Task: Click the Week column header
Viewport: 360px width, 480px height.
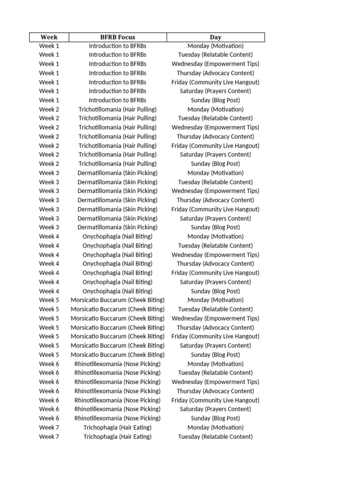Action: click(x=49, y=37)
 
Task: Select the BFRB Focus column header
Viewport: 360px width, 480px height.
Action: click(x=118, y=37)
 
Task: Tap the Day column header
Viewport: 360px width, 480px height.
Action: click(x=216, y=37)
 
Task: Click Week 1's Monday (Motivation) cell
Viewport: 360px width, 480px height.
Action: click(x=216, y=46)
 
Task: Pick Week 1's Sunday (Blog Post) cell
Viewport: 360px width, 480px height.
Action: click(x=216, y=100)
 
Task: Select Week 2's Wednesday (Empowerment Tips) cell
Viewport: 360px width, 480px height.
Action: click(x=216, y=127)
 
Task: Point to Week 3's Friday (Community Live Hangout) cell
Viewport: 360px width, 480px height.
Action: click(x=216, y=209)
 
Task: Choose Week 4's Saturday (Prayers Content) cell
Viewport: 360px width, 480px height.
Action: click(x=216, y=282)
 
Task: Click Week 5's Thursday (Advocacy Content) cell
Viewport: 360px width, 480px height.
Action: click(x=216, y=327)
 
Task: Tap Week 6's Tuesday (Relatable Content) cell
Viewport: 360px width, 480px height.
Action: click(x=216, y=373)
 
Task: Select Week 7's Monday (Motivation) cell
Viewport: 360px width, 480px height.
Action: click(x=216, y=427)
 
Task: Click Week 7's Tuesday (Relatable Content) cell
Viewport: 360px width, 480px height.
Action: click(x=216, y=436)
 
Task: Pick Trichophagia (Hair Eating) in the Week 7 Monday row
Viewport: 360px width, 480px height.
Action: click(x=118, y=427)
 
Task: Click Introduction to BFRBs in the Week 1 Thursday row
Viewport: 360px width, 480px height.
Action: click(x=118, y=73)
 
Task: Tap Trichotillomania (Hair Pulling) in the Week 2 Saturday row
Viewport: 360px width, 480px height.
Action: click(x=118, y=155)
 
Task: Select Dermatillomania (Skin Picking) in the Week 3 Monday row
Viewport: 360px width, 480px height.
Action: click(x=118, y=173)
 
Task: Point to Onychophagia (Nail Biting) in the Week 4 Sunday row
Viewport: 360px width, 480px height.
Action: click(x=118, y=291)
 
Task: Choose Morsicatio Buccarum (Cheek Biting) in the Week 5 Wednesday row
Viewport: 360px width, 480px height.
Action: click(x=118, y=318)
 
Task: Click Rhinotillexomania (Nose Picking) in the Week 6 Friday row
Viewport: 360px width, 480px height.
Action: click(x=118, y=400)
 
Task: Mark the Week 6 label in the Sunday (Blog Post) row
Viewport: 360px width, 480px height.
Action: click(x=49, y=418)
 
